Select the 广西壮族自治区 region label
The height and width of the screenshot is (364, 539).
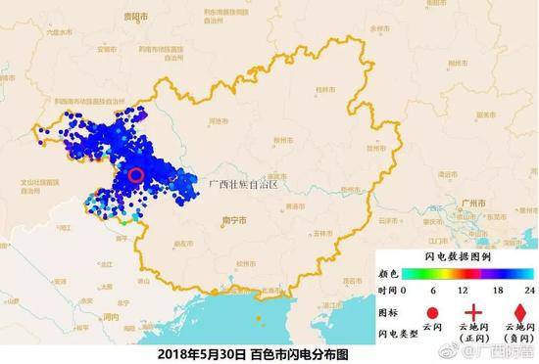coord(244,183)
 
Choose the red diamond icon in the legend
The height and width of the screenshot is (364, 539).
coord(509,304)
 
